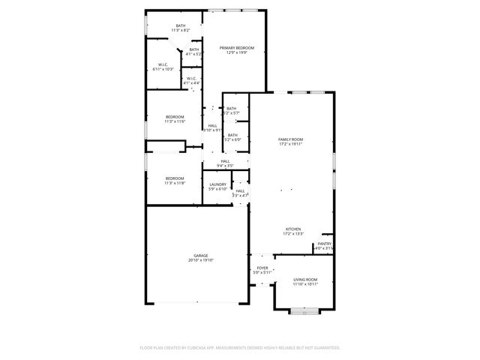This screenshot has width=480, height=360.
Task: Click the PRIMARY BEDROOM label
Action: click(x=236, y=48)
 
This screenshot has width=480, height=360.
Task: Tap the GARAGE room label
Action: click(x=201, y=256)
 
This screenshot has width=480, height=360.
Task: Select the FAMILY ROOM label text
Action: click(x=290, y=139)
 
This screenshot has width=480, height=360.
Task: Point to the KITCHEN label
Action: click(x=292, y=229)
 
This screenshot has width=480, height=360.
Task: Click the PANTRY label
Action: click(x=324, y=244)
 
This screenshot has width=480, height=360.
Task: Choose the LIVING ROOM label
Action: click(x=305, y=280)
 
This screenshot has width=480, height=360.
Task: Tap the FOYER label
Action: click(x=262, y=268)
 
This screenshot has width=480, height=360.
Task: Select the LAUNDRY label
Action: click(x=218, y=184)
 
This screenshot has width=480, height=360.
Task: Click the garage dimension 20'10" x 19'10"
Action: click(x=201, y=260)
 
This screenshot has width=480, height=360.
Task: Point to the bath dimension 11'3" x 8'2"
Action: click(x=181, y=30)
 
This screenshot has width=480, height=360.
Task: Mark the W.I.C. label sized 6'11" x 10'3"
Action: click(x=163, y=64)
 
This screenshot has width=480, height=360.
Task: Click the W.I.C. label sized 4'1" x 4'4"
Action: click(x=191, y=78)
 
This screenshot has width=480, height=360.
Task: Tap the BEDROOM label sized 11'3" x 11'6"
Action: click(x=174, y=117)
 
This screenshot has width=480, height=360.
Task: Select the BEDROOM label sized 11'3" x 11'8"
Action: click(x=174, y=178)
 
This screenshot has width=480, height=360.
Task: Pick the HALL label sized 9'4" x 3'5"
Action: click(x=225, y=160)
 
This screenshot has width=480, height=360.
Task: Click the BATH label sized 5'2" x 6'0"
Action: click(x=232, y=135)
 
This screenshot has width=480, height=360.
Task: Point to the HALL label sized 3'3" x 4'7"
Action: click(x=240, y=191)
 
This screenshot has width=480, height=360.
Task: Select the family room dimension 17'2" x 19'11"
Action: click(x=290, y=144)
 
